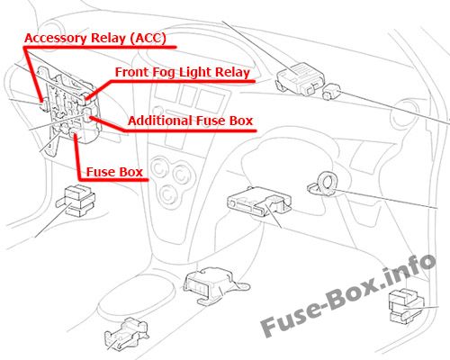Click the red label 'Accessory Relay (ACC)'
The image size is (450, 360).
[95, 39]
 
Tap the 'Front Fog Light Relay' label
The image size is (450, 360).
[183, 73]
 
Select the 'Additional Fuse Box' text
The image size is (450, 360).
[190, 121]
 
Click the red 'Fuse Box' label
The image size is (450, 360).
[114, 172]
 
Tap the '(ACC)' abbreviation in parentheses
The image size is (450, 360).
[148, 39]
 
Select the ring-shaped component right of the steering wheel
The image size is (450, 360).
[326, 184]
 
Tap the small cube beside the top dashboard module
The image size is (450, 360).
[331, 92]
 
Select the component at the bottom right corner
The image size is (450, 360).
[406, 306]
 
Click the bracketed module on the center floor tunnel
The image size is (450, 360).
[213, 285]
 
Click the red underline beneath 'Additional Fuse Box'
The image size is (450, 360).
[190, 130]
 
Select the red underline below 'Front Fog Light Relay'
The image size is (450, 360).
[183, 81]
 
